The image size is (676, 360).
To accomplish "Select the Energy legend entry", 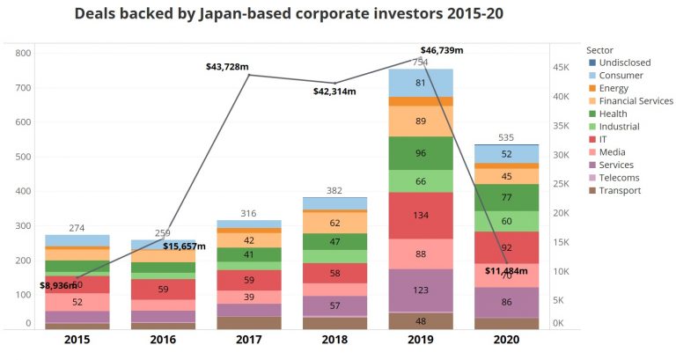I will pyautogui.click(x=614, y=88).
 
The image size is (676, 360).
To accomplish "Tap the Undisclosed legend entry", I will pyautogui.click(x=625, y=62).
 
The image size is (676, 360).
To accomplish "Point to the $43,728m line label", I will pyautogui.click(x=227, y=67).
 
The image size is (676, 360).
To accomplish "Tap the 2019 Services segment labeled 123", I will pyautogui.click(x=421, y=290).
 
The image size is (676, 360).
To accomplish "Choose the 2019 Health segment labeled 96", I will pyautogui.click(x=421, y=153).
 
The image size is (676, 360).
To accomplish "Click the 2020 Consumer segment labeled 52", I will pyautogui.click(x=507, y=154).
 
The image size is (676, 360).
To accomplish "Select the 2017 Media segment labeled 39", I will pyautogui.click(x=250, y=298).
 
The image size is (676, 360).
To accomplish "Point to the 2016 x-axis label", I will pyautogui.click(x=164, y=340).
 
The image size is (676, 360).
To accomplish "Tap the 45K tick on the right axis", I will pyautogui.click(x=561, y=67).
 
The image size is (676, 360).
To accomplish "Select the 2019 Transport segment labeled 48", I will pyautogui.click(x=421, y=321).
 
